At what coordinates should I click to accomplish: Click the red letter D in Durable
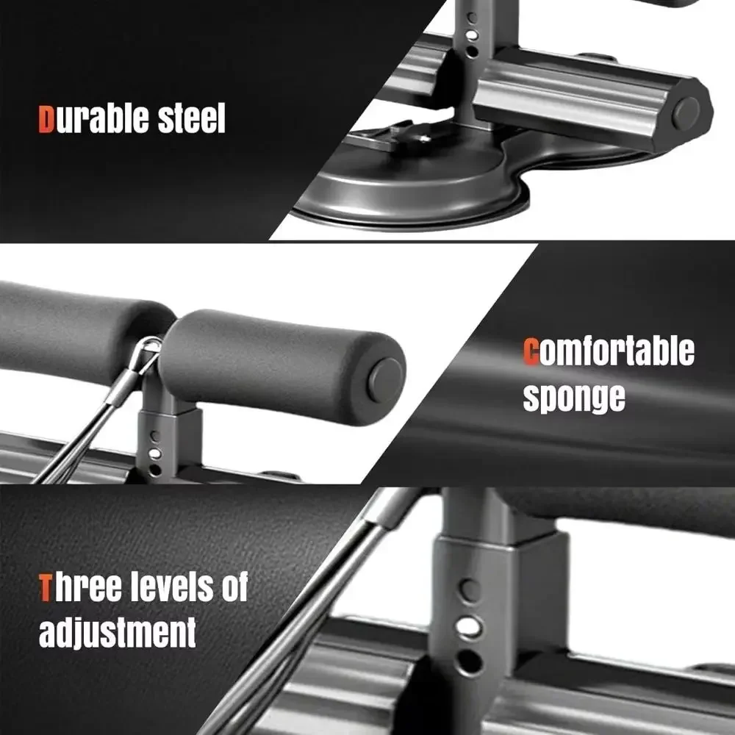tap(46, 120)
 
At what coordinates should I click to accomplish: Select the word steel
tap(191, 118)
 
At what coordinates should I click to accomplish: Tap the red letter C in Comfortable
tap(531, 351)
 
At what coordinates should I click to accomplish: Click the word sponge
tap(574, 397)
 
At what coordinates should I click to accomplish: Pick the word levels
tap(172, 587)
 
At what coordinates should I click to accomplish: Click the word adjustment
tap(117, 632)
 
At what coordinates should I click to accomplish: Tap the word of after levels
tap(234, 587)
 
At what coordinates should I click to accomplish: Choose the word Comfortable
tap(609, 351)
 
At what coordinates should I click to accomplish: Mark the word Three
tap(80, 587)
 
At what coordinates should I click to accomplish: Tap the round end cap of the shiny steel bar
tap(686, 114)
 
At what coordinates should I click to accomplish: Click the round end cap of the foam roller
tap(385, 381)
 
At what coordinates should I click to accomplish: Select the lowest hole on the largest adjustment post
tap(469, 662)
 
